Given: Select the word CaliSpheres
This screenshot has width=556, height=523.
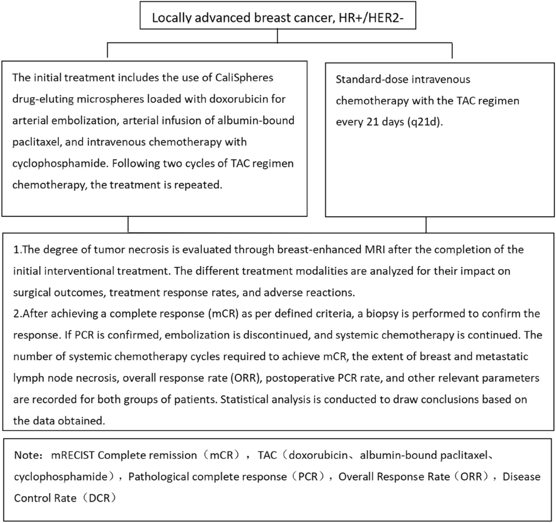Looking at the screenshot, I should [x=244, y=77].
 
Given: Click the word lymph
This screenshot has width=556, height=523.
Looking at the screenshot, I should [x=27, y=378].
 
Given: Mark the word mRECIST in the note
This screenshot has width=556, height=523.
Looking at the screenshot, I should [x=72, y=455].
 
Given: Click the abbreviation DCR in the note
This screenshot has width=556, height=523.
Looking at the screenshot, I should [x=100, y=498].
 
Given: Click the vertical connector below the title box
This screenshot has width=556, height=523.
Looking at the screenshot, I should [x=277, y=36].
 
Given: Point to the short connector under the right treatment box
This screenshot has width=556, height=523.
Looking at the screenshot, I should [x=426, y=225].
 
